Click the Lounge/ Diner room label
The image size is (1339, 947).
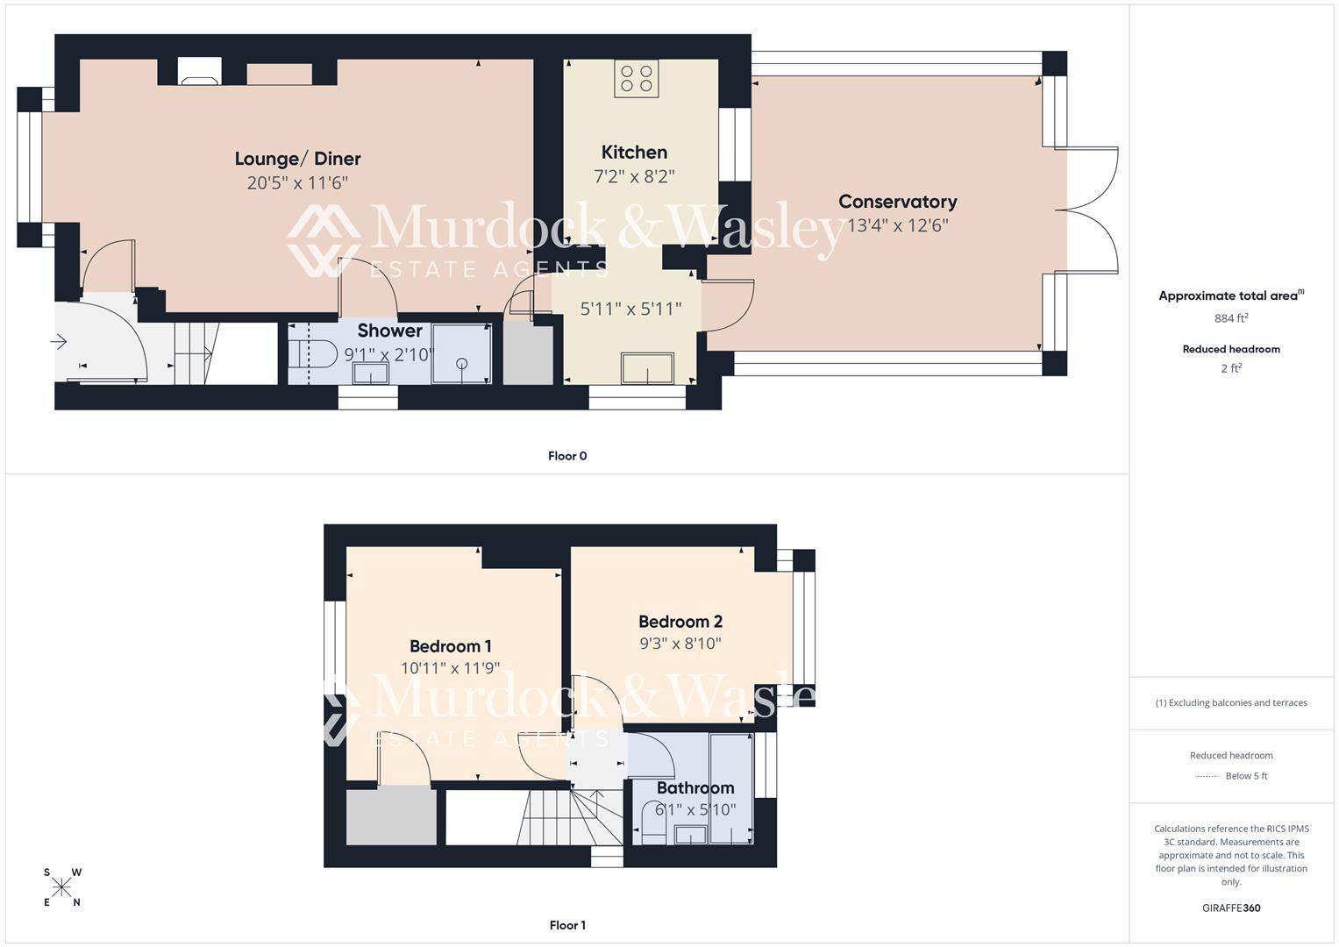(297, 159)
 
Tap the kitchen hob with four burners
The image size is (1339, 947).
(637, 78)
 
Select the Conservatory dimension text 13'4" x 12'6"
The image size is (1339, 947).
(897, 225)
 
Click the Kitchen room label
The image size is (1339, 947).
(634, 153)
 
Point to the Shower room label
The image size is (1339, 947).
(389, 331)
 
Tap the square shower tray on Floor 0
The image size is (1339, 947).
(461, 353)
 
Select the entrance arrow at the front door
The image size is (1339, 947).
(60, 342)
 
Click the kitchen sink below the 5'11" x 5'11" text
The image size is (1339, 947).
(647, 368)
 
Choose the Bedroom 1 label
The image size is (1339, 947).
(450, 646)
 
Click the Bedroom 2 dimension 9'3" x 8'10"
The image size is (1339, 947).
(680, 644)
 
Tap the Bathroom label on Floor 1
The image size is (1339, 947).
(695, 787)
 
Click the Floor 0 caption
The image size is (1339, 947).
(567, 456)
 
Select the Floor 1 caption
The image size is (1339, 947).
(567, 925)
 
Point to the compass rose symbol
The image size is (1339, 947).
(61, 887)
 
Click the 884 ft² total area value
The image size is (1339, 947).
(1231, 318)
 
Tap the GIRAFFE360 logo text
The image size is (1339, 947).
(1231, 908)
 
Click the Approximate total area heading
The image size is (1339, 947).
(1230, 295)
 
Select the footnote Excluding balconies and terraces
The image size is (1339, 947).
(1231, 702)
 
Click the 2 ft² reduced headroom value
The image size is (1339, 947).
(1231, 368)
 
